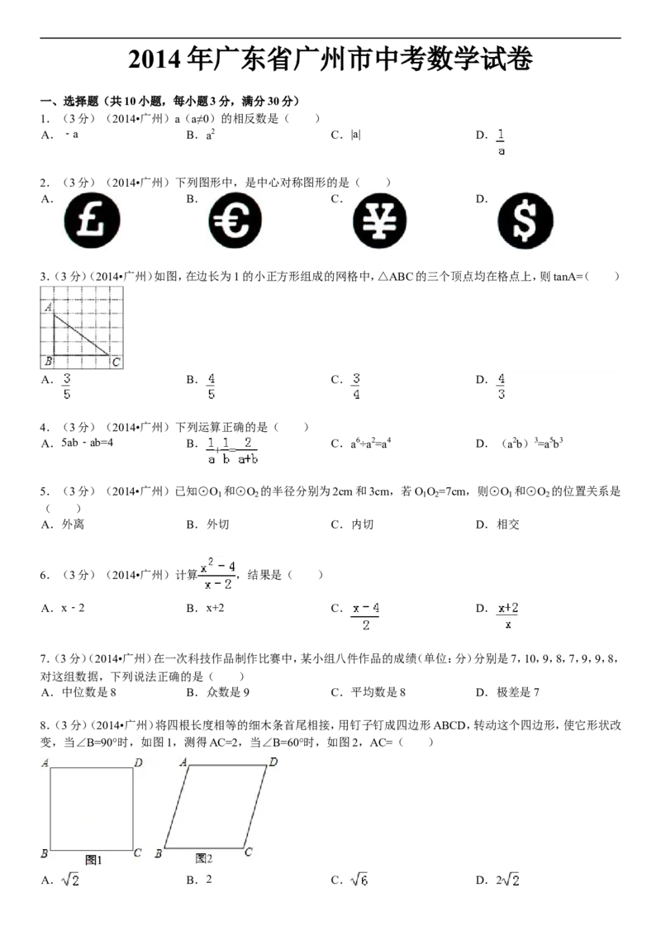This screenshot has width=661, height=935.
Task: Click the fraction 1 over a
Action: (x=501, y=141)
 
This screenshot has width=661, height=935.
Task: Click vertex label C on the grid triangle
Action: (x=116, y=361)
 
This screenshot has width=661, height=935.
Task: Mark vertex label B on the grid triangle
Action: (x=49, y=361)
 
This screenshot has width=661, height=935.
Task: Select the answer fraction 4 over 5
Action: (x=212, y=387)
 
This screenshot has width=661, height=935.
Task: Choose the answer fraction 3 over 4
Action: (x=357, y=387)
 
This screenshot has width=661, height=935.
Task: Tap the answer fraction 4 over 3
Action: (x=502, y=387)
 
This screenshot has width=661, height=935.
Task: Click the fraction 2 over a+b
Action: (x=247, y=451)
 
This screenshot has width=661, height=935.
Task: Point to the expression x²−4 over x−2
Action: (x=218, y=574)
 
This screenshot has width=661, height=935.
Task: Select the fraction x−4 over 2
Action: (x=366, y=615)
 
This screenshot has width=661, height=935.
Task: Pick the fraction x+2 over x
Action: (x=508, y=615)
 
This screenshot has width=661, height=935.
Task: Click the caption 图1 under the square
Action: (x=93, y=859)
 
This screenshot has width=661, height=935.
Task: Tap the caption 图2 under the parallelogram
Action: (x=204, y=859)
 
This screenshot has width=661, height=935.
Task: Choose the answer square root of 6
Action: (x=359, y=881)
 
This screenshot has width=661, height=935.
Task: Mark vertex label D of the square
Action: (x=138, y=762)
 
